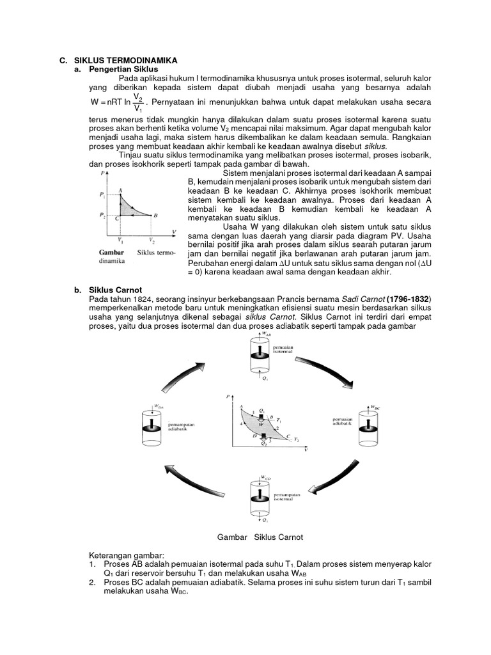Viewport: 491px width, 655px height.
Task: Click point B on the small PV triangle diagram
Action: click(155, 216)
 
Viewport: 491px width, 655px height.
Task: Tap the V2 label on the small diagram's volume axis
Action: click(152, 241)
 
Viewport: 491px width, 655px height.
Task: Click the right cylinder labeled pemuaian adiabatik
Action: click(370, 425)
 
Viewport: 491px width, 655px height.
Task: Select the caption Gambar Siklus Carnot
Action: click(260, 537)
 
